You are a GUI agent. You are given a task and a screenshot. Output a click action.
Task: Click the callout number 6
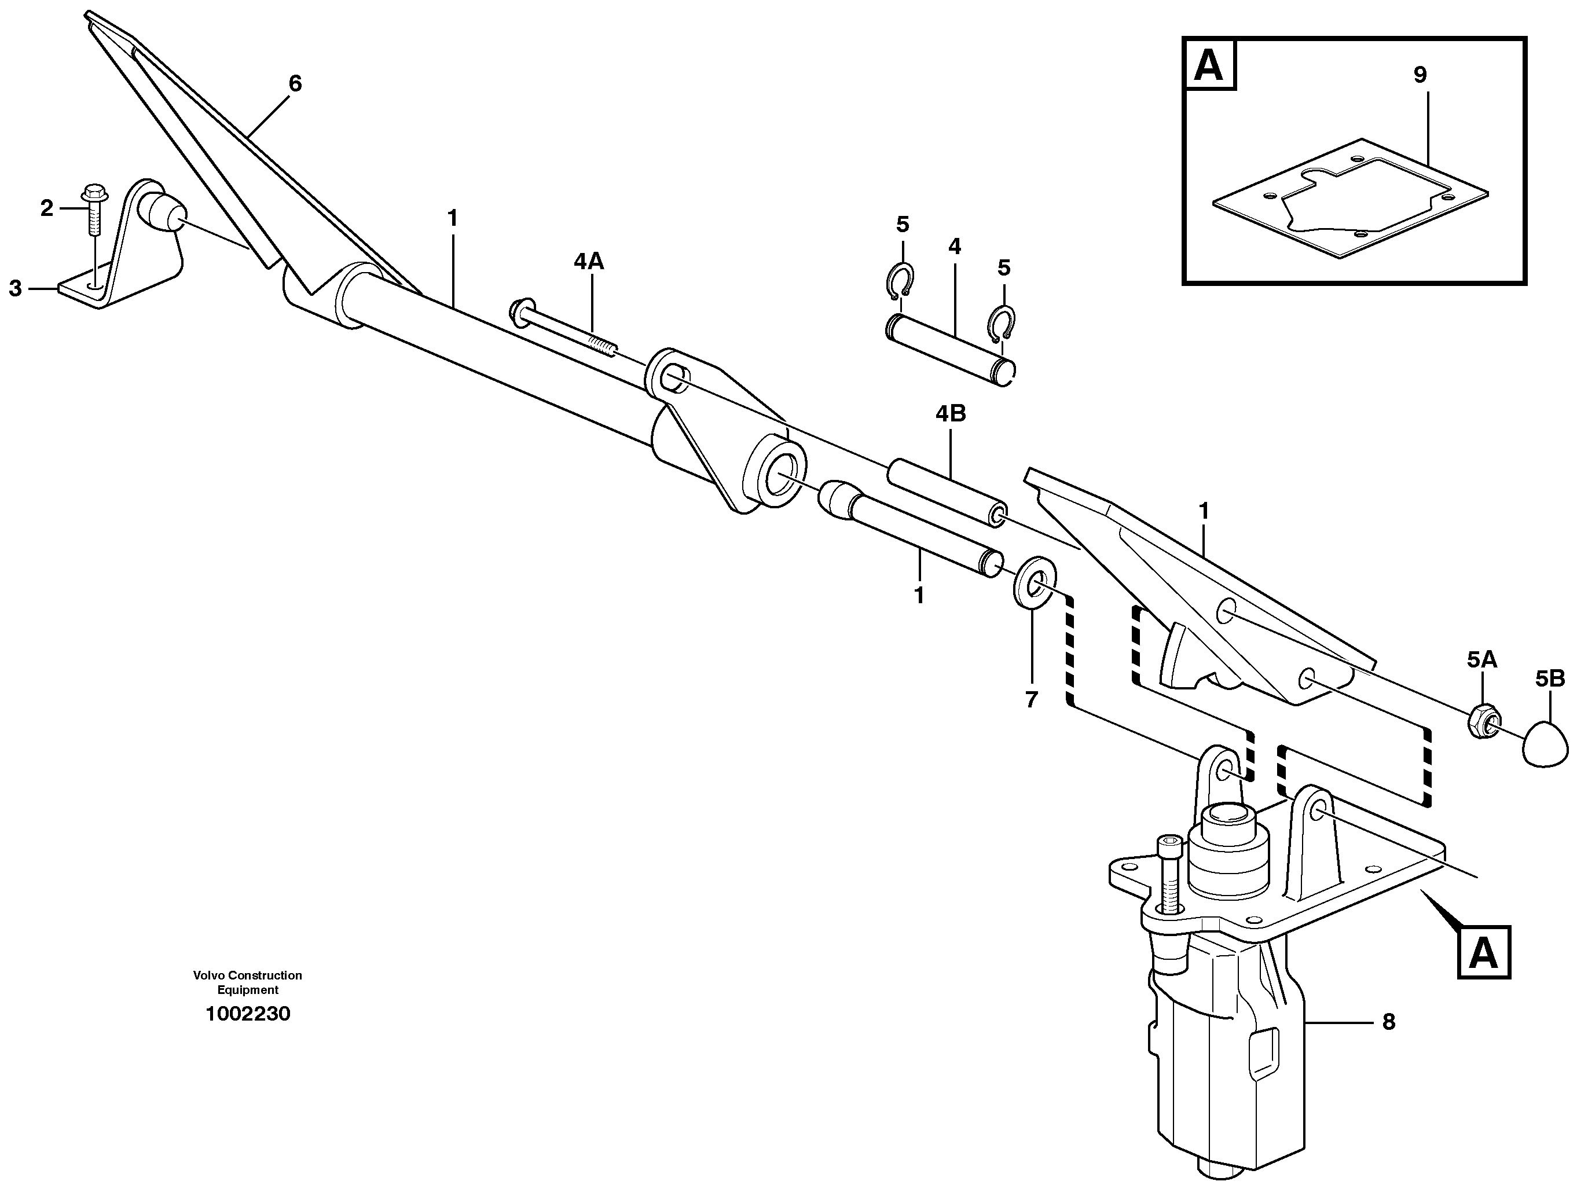point(295,84)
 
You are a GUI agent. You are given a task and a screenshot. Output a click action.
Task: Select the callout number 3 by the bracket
point(16,288)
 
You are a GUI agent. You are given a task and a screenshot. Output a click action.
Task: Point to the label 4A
point(588,262)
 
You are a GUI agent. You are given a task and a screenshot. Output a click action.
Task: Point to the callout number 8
point(1388,1022)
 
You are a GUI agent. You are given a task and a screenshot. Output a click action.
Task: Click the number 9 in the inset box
point(1420,74)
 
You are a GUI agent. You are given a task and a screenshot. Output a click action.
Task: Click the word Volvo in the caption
point(207,975)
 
